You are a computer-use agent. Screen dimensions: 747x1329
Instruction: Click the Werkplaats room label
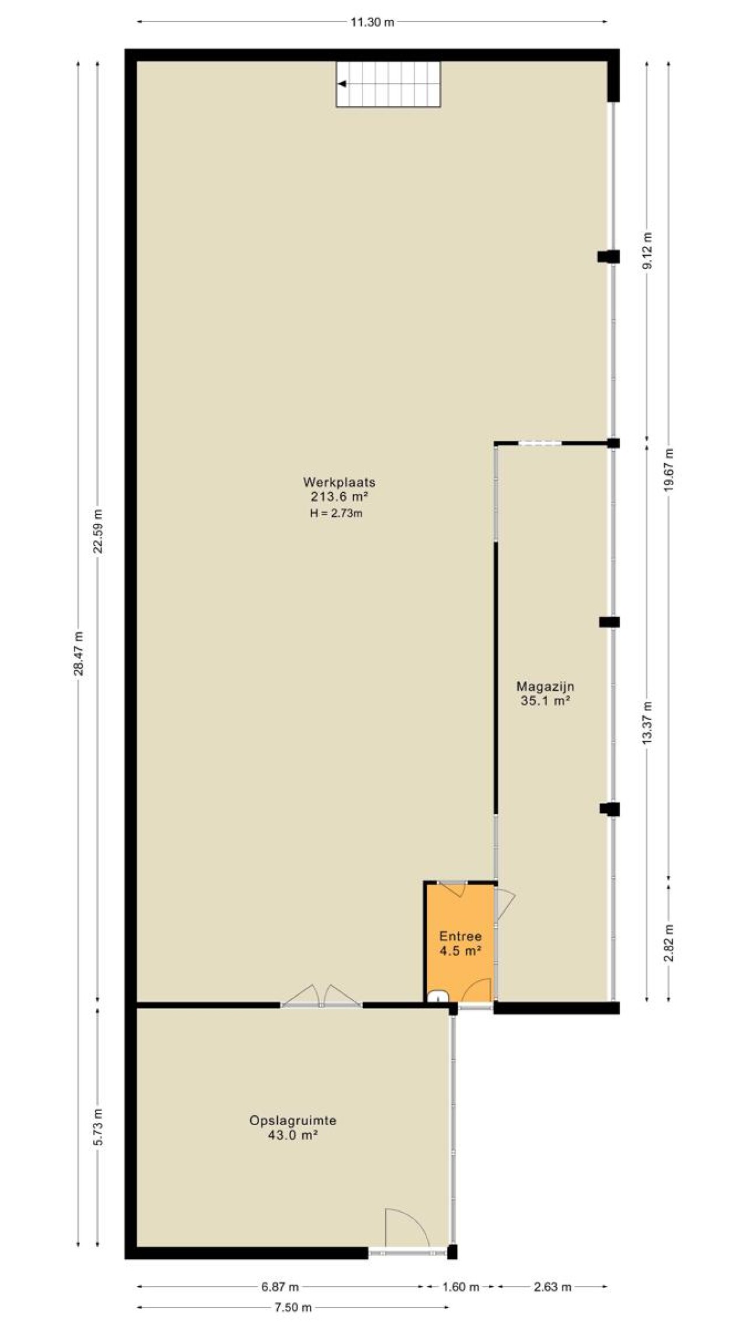(x=338, y=482)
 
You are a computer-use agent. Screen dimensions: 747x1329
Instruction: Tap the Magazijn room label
(x=545, y=686)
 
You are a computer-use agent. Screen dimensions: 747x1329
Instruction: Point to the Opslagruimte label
(x=292, y=1121)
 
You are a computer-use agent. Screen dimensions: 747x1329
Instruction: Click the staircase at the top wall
(x=388, y=84)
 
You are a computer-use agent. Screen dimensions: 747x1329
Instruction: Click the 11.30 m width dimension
(x=372, y=22)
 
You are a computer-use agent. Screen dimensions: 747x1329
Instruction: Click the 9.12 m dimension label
(x=647, y=251)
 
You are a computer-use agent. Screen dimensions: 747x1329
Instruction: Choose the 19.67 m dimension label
(x=669, y=470)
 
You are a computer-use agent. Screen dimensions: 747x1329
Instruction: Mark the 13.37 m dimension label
(x=647, y=722)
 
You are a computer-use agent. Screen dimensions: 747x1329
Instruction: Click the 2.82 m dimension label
(x=669, y=943)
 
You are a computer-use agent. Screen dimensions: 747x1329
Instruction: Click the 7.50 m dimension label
(x=293, y=1307)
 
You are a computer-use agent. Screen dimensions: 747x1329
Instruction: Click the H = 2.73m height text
(x=336, y=514)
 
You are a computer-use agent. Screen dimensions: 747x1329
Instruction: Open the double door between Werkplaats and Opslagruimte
(x=322, y=997)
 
